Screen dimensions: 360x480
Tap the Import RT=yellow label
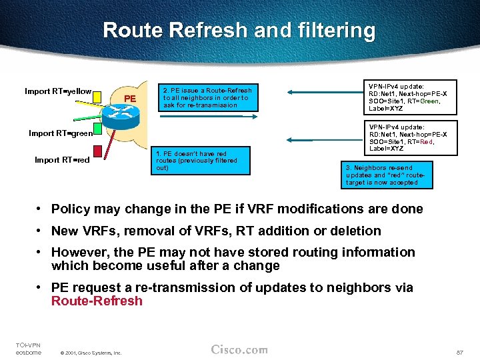[x=58, y=91]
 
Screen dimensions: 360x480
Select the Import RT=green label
[x=60, y=133]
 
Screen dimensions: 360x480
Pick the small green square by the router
[x=97, y=127]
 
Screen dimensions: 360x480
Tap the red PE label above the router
[x=130, y=99]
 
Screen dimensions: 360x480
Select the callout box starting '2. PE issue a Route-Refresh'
[x=207, y=97]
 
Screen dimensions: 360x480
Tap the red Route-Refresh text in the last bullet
[x=97, y=301]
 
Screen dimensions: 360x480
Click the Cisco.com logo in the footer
[x=239, y=349]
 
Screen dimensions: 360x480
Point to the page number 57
[x=459, y=351]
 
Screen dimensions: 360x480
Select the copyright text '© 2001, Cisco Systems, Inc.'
[x=90, y=353]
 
